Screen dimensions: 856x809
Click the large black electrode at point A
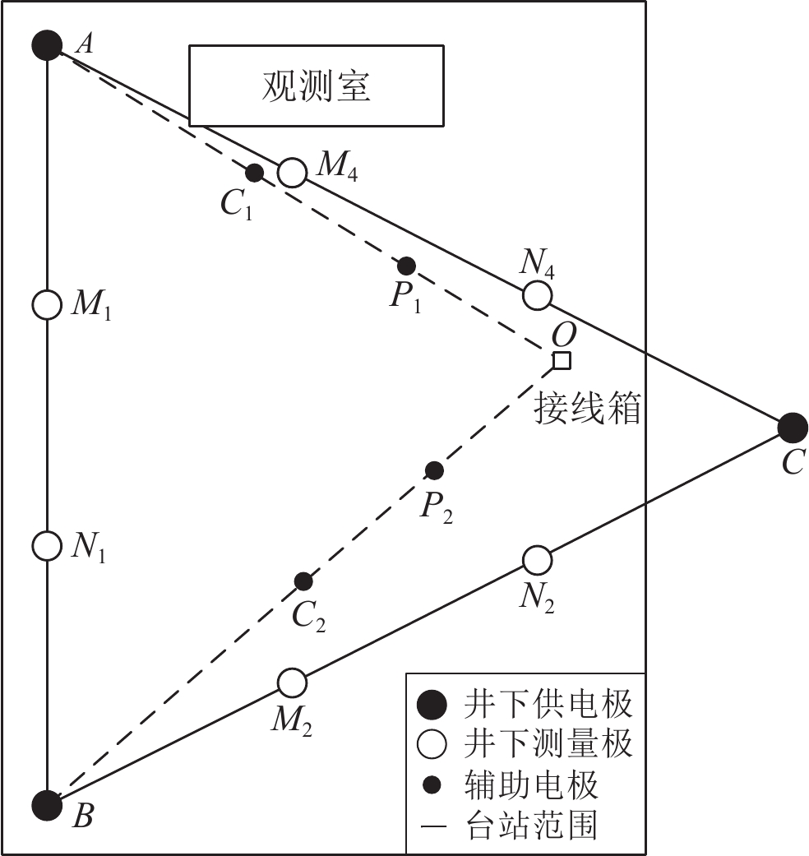[x=47, y=44]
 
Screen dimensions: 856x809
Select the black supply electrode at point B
[x=47, y=805]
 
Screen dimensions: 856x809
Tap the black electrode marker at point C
[x=792, y=428]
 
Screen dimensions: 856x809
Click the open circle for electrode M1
[x=47, y=304]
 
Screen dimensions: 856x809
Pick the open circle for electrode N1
[x=47, y=544]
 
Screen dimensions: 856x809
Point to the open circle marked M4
[x=291, y=173]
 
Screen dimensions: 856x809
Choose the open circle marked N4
[x=537, y=294]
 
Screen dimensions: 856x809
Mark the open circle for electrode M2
[x=291, y=682]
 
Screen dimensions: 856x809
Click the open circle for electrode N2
[x=536, y=560]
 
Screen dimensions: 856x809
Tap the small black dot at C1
[x=255, y=173]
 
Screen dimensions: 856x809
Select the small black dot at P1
[x=406, y=266]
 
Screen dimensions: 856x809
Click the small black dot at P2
[x=434, y=470]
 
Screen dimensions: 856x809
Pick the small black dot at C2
[x=303, y=581]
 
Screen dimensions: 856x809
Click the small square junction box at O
[x=562, y=360]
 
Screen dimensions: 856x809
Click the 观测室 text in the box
[x=317, y=86]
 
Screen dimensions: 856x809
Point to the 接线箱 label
[x=587, y=407]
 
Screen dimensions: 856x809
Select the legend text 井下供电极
[x=548, y=705]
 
